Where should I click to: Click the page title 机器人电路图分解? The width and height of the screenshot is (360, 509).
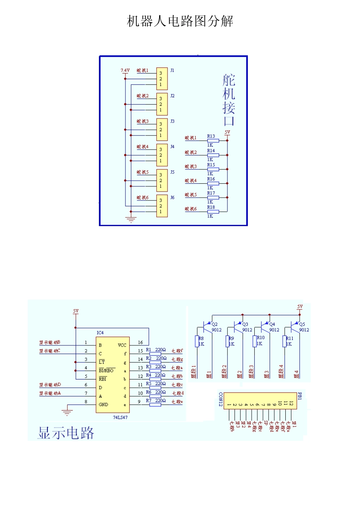click(x=180, y=21)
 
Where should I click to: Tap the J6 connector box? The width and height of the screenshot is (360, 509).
click(x=162, y=206)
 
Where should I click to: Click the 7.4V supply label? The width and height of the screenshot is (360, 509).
click(x=125, y=70)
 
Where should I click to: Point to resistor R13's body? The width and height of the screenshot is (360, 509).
click(x=213, y=141)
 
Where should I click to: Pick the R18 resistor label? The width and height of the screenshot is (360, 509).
click(x=211, y=207)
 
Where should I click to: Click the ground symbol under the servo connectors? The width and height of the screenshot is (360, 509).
click(x=131, y=220)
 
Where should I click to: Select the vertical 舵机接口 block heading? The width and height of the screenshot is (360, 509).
click(x=229, y=100)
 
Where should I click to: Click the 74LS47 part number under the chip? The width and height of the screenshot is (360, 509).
click(x=120, y=417)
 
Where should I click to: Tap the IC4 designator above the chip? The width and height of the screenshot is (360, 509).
click(x=100, y=333)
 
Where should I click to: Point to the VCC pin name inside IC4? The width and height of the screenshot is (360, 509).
click(x=122, y=345)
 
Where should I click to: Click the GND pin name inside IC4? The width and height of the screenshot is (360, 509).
click(x=103, y=404)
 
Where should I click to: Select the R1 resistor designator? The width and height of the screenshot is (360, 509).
click(x=149, y=350)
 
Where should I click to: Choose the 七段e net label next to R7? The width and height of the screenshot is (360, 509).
click(x=177, y=402)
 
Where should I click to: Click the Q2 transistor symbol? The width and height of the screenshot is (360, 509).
click(x=208, y=326)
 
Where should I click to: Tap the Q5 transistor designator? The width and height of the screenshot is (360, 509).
click(x=302, y=324)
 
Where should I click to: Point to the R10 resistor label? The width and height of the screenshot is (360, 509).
click(x=261, y=337)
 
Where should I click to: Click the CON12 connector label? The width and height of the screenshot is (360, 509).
click(x=221, y=400)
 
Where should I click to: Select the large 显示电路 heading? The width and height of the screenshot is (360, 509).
click(x=66, y=433)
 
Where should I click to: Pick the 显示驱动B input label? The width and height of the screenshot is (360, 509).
click(x=50, y=342)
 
